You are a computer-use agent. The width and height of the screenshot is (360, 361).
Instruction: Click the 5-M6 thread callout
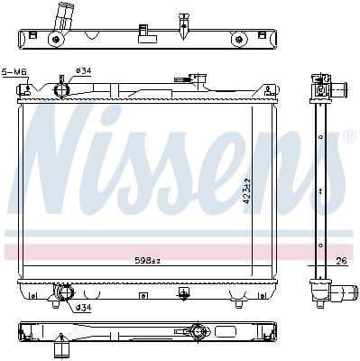(x=14, y=71)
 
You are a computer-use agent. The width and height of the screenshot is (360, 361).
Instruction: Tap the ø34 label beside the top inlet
(x=82, y=70)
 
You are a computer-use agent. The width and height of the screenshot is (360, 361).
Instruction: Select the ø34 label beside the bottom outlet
(x=82, y=308)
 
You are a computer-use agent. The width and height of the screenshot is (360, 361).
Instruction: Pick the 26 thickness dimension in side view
(x=339, y=263)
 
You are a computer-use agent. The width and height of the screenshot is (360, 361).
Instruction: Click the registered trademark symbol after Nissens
(x=350, y=136)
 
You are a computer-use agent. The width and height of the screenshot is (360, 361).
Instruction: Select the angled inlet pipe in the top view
(x=64, y=16)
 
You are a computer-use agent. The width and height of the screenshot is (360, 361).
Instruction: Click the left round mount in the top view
(x=56, y=39)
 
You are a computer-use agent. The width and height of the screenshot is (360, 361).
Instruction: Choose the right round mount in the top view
(x=239, y=39)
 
